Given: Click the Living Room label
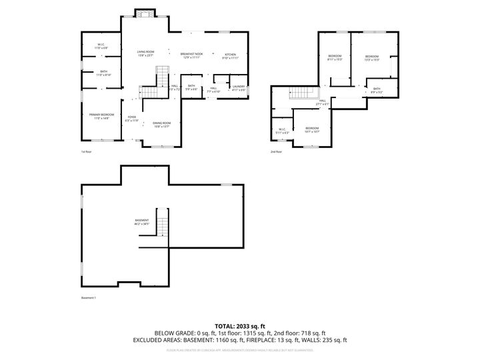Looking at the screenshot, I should tap(145, 54).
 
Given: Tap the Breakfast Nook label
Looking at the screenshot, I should tap(192, 55).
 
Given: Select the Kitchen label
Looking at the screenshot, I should tap(230, 55).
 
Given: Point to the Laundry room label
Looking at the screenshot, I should tap(239, 87).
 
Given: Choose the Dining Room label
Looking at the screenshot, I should tap(161, 124).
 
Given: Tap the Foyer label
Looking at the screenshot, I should tap(133, 119).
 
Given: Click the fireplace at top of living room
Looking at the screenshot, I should tap(144, 13).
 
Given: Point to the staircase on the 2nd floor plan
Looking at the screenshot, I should tap(302, 95).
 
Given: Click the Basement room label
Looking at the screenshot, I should tap(142, 222).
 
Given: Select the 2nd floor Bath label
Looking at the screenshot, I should tap(377, 90).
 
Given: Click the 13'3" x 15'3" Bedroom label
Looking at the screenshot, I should tap(371, 57).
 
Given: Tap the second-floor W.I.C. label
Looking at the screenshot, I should tap(283, 131).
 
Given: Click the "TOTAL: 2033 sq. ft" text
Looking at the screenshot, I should tap(239, 325).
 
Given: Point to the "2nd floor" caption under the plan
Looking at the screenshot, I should tap(276, 151).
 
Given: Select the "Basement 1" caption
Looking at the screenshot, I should tap(89, 297).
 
